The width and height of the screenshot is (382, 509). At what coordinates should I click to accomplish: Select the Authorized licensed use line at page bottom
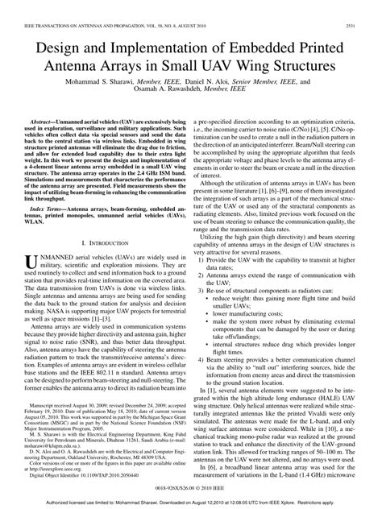point(190,502)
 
